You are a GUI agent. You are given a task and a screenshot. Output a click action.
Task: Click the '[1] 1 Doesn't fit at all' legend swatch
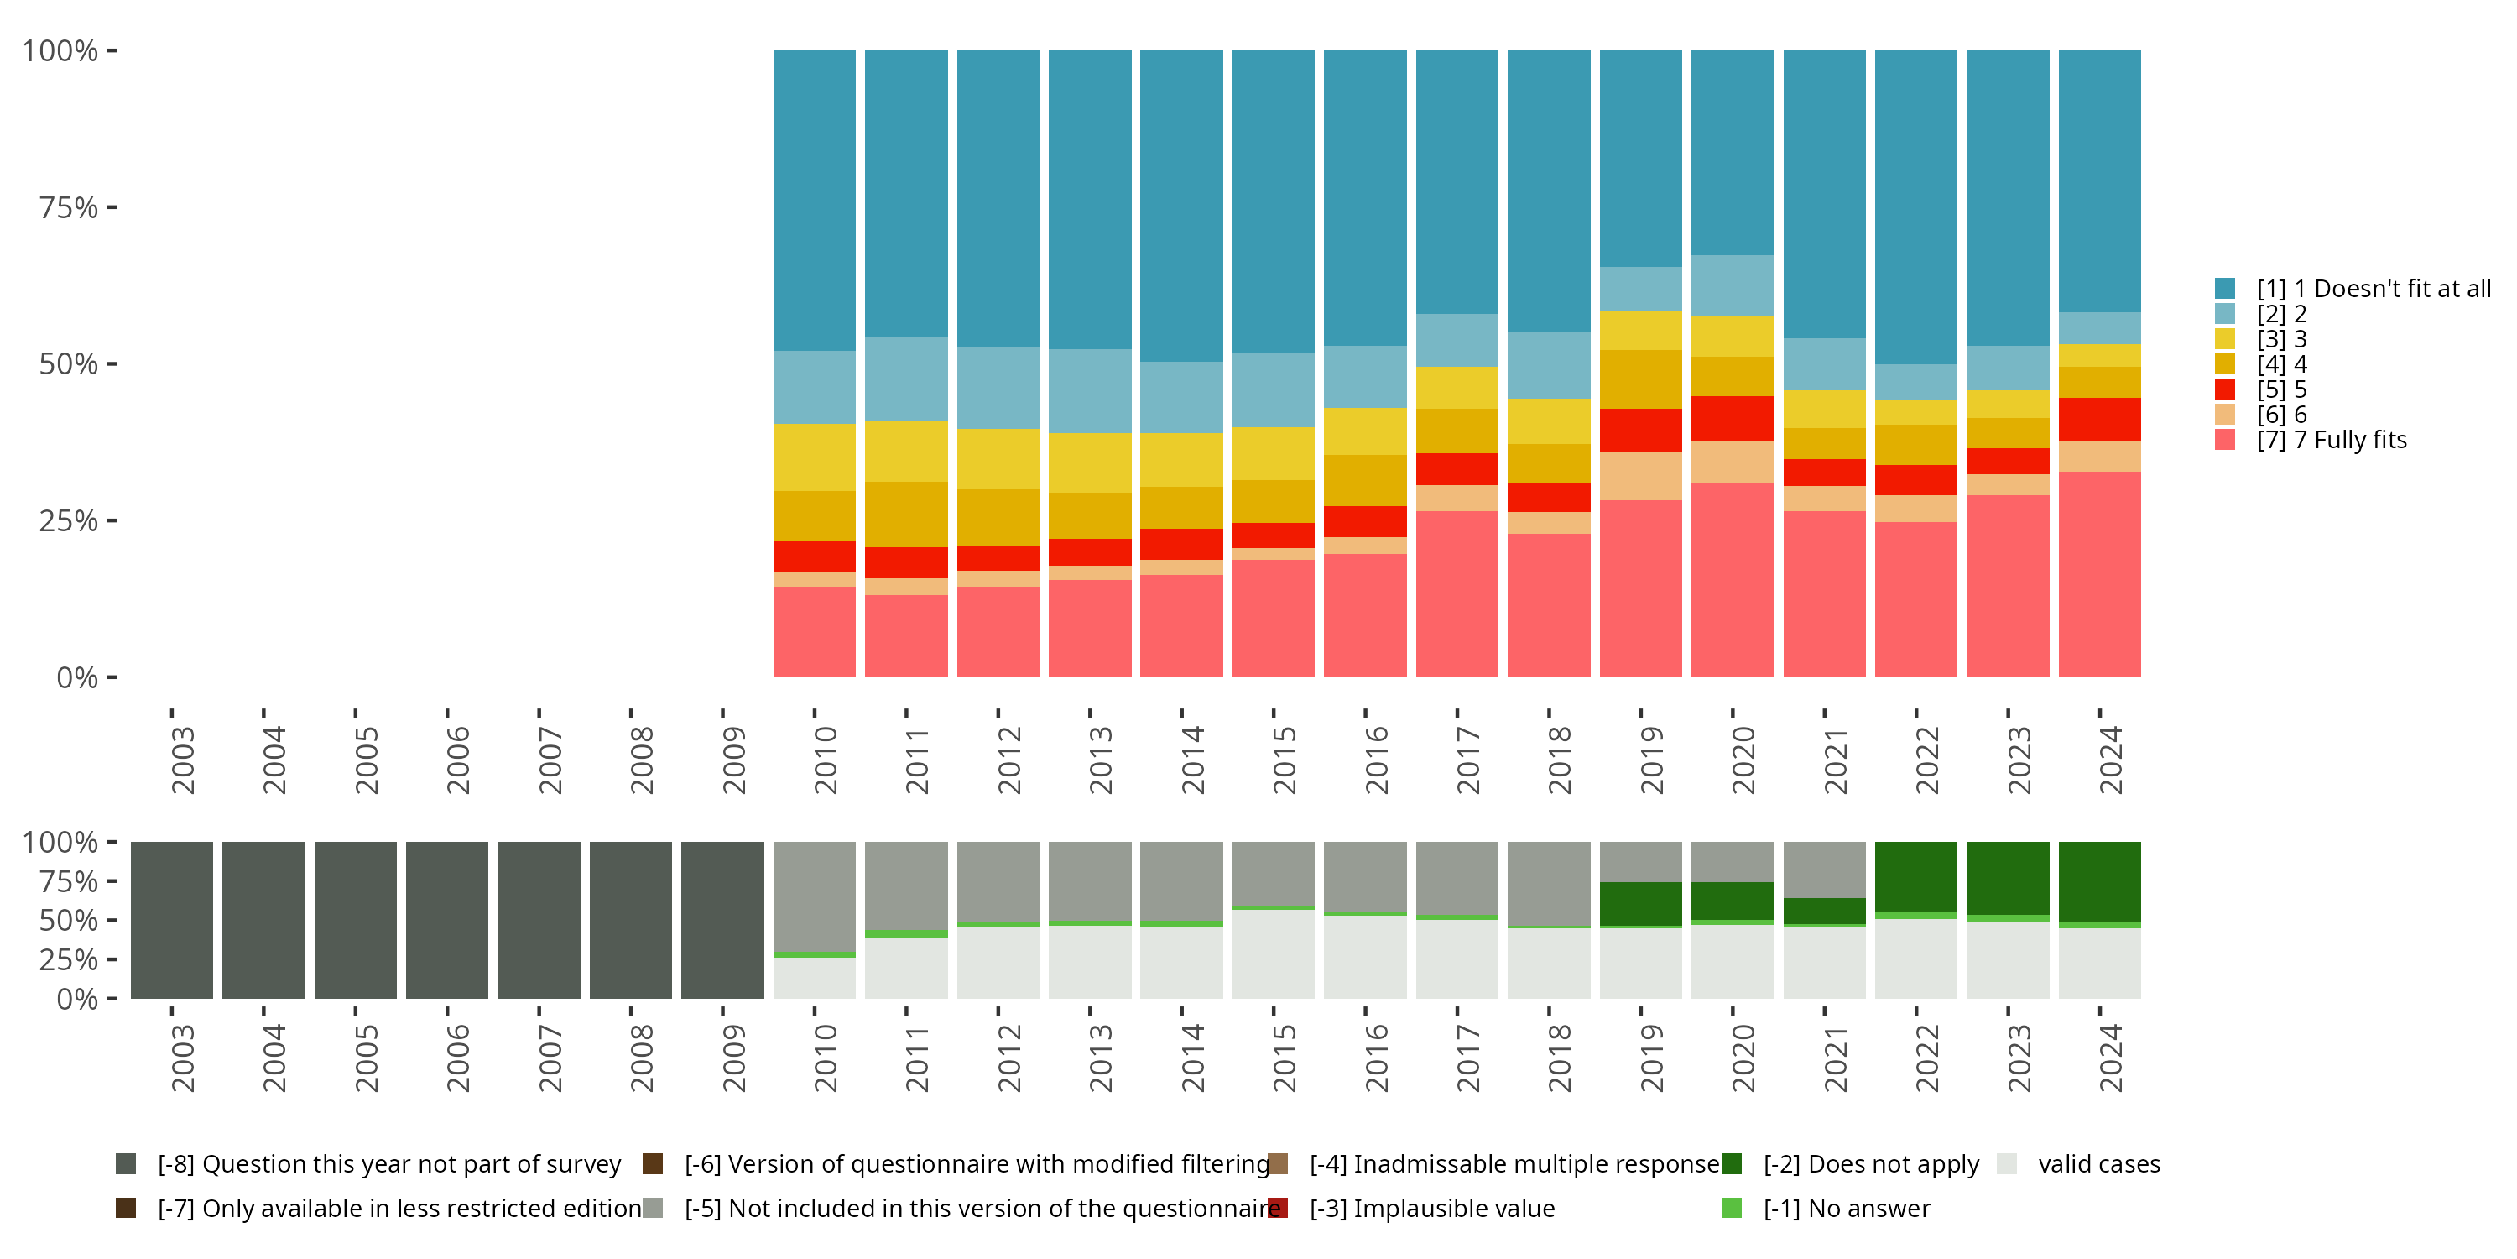tap(2225, 289)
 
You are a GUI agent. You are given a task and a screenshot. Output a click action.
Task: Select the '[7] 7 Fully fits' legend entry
tap(2332, 440)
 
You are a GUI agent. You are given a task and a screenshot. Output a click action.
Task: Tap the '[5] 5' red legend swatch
tap(2225, 389)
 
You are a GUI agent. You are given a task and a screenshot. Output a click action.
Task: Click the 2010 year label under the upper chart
tap(825, 760)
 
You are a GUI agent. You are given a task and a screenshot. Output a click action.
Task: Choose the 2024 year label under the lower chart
tap(2111, 1058)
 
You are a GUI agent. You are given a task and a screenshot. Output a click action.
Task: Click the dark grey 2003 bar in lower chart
tap(171, 920)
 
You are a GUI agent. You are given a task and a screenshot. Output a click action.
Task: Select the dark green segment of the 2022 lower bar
tap(1916, 877)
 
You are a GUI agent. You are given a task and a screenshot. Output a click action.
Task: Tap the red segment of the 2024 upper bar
tap(2100, 420)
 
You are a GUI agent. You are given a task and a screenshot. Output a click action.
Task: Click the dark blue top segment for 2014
tap(1181, 206)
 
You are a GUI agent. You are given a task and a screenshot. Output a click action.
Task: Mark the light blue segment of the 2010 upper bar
tap(814, 387)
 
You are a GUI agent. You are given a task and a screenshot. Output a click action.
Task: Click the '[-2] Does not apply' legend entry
tap(1870, 1164)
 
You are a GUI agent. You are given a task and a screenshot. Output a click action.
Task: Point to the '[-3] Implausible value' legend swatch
tap(1277, 1208)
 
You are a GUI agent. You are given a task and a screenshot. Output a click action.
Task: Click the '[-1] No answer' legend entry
tap(1846, 1208)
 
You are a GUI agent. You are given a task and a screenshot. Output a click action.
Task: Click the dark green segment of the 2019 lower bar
tap(1640, 904)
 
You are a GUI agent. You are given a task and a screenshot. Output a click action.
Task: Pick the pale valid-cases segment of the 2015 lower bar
tap(1273, 954)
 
